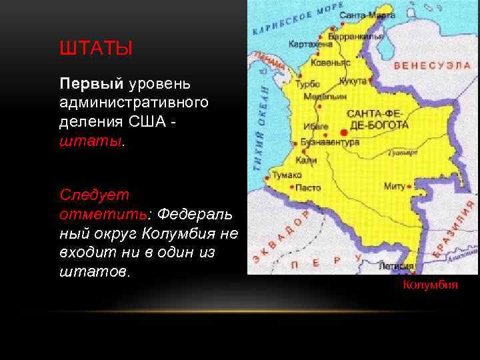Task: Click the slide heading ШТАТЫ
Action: (96, 49)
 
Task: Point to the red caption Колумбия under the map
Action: (430, 285)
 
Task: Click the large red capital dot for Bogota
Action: (344, 133)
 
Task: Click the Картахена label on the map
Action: (311, 44)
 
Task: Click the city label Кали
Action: (307, 161)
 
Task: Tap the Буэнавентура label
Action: (330, 142)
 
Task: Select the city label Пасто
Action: (308, 188)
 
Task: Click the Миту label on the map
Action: (395, 187)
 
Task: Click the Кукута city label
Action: (353, 81)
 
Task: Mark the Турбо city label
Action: (308, 85)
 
